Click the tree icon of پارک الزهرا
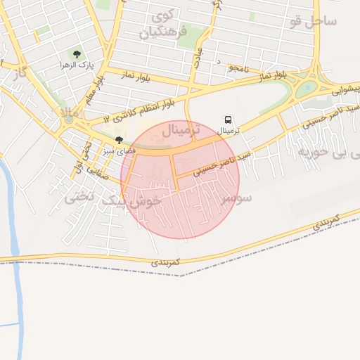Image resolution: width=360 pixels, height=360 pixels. point(77,54)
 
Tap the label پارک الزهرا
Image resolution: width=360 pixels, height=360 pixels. point(77,65)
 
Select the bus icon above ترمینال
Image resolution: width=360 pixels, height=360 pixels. point(229,120)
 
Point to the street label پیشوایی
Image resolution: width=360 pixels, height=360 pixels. point(345,90)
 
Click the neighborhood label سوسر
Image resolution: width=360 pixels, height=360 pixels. point(236,199)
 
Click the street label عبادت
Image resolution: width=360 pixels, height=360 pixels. point(199,55)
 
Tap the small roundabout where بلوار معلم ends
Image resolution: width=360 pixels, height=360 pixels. point(69,120)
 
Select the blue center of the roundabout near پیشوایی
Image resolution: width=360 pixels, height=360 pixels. point(307,90)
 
